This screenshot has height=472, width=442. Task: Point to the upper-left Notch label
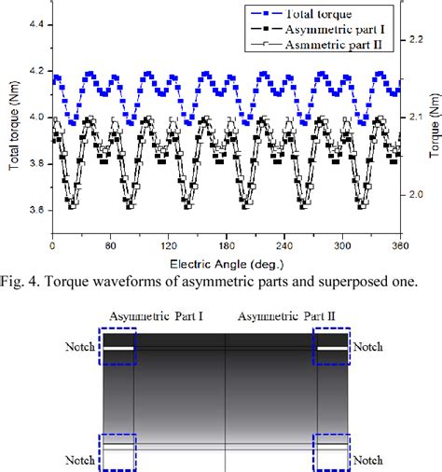pyautogui.click(x=79, y=348)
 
